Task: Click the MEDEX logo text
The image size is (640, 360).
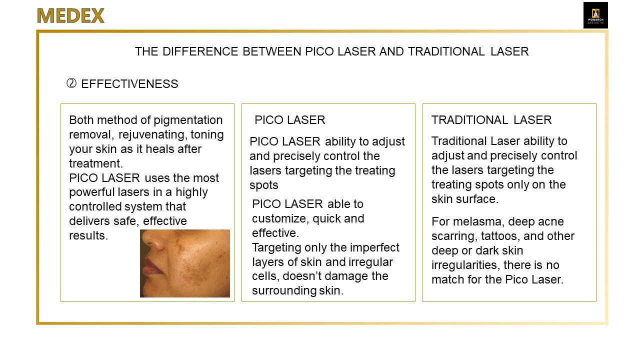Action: click(x=70, y=15)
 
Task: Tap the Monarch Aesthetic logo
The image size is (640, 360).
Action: click(x=595, y=15)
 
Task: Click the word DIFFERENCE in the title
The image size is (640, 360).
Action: click(x=200, y=51)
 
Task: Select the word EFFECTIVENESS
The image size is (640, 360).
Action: click(x=129, y=84)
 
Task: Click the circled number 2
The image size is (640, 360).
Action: click(x=71, y=83)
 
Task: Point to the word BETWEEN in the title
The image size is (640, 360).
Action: click(x=272, y=51)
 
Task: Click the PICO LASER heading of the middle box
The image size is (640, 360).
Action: click(x=289, y=120)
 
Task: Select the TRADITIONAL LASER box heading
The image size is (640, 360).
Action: click(x=491, y=120)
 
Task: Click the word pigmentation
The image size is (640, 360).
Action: click(x=188, y=120)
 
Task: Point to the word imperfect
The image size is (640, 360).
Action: click(x=374, y=248)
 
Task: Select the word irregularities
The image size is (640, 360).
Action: click(x=465, y=265)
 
